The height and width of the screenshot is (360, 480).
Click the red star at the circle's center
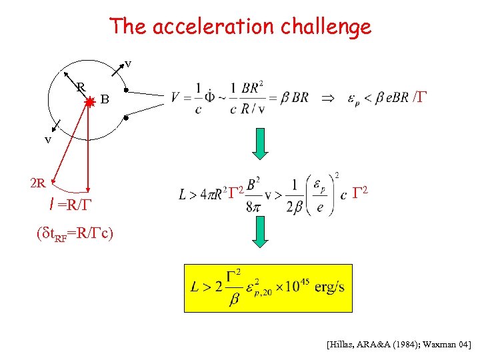pos(89,101)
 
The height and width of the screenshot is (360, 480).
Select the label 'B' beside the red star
pos(105,100)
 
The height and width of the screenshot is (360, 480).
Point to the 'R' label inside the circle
pos(80,87)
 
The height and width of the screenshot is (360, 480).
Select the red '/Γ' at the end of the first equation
pos(419,97)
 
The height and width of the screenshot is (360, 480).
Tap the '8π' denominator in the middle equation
pos(252,207)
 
